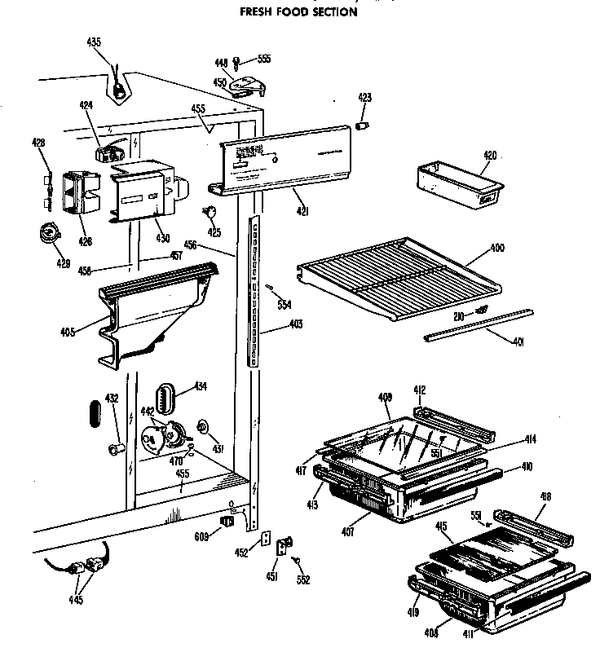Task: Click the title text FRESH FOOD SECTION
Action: coord(298,12)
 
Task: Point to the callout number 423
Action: coord(365,98)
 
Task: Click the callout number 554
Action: coord(283,305)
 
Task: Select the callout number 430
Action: coord(162,239)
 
